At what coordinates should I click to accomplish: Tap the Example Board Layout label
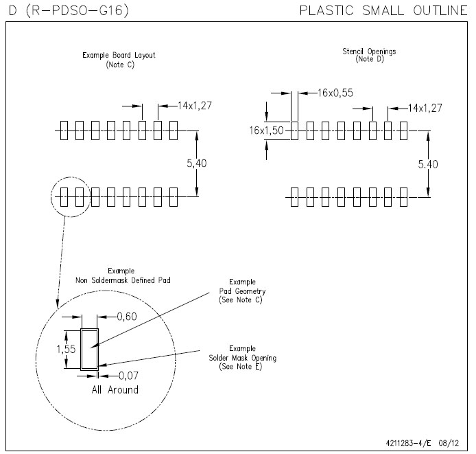coord(119,55)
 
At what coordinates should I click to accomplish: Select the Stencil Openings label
coord(369,52)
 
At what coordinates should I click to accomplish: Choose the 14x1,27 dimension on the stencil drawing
coord(425,108)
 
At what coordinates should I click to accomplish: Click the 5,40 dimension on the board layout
coord(197,164)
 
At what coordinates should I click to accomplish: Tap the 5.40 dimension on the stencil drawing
coord(428,164)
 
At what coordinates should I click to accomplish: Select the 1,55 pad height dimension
coord(67,349)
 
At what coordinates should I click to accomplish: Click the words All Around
coord(115,390)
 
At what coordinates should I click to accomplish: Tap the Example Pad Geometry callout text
coord(241,291)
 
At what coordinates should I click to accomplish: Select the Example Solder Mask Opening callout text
coord(241,358)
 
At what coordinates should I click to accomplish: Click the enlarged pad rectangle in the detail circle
coord(90,349)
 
